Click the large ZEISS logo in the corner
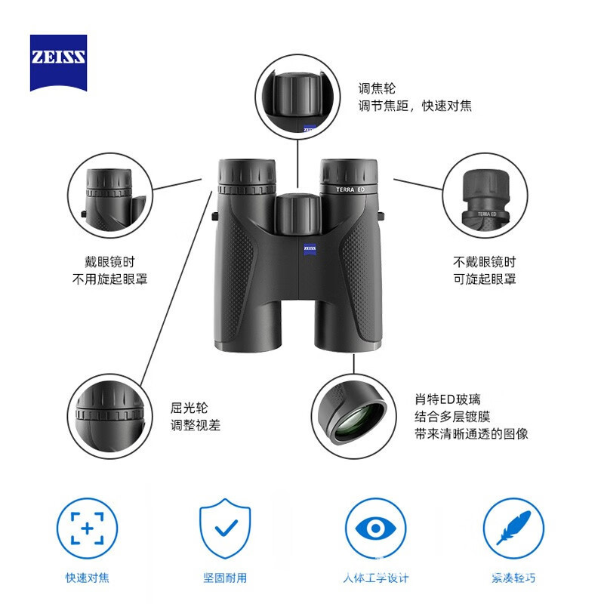[59, 63]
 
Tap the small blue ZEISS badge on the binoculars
[310, 249]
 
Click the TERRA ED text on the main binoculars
[350, 190]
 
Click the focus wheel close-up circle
[297, 97]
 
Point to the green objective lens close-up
[354, 416]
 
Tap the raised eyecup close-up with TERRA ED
[485, 196]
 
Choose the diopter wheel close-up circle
[110, 416]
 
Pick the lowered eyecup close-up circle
[110, 196]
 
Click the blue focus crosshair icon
[87, 528]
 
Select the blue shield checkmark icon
[225, 528]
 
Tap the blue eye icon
[375, 528]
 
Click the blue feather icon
[513, 528]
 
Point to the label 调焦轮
[377, 88]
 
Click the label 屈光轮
[189, 408]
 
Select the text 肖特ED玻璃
[448, 399]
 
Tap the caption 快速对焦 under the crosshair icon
[87, 578]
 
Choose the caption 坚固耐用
[225, 578]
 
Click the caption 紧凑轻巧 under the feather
[513, 578]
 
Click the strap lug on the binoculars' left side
[214, 216]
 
